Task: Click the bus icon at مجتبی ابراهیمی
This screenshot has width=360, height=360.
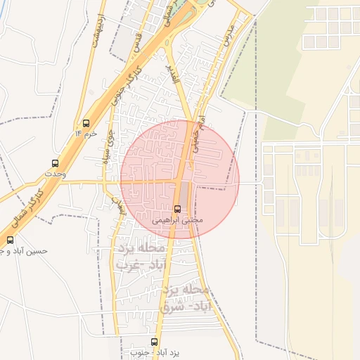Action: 177,209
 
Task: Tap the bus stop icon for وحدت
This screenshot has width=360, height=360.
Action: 56,162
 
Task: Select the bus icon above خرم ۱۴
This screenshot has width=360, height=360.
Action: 86,122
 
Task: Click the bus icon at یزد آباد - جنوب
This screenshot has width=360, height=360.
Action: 154,342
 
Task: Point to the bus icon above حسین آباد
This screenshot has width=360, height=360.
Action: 10,240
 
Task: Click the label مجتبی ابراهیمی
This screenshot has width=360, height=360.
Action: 178,220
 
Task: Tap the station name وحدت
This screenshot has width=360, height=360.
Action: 55,172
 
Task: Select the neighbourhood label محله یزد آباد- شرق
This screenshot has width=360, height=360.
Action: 186,298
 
